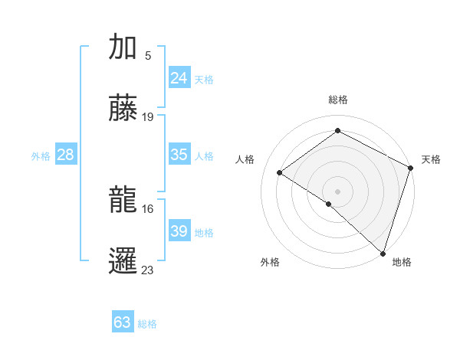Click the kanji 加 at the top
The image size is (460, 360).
[123, 47]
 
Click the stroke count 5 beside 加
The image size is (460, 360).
[148, 55]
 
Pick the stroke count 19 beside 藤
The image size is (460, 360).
[148, 117]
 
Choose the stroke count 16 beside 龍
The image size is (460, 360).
[148, 208]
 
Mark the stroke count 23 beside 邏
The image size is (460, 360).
[148, 270]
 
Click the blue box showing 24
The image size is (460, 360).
[179, 78]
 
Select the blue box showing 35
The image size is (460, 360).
[179, 155]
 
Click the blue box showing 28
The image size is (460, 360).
[66, 155]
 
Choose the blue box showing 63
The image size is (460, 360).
[122, 322]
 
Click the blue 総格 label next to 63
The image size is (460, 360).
[147, 324]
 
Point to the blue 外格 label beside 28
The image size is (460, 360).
[41, 156]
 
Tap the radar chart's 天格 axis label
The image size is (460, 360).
[431, 159]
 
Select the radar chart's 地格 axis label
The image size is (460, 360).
[402, 263]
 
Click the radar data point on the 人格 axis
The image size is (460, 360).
[280, 172]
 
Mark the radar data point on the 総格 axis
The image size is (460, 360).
[337, 131]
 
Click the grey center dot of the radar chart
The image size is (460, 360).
[337, 191]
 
